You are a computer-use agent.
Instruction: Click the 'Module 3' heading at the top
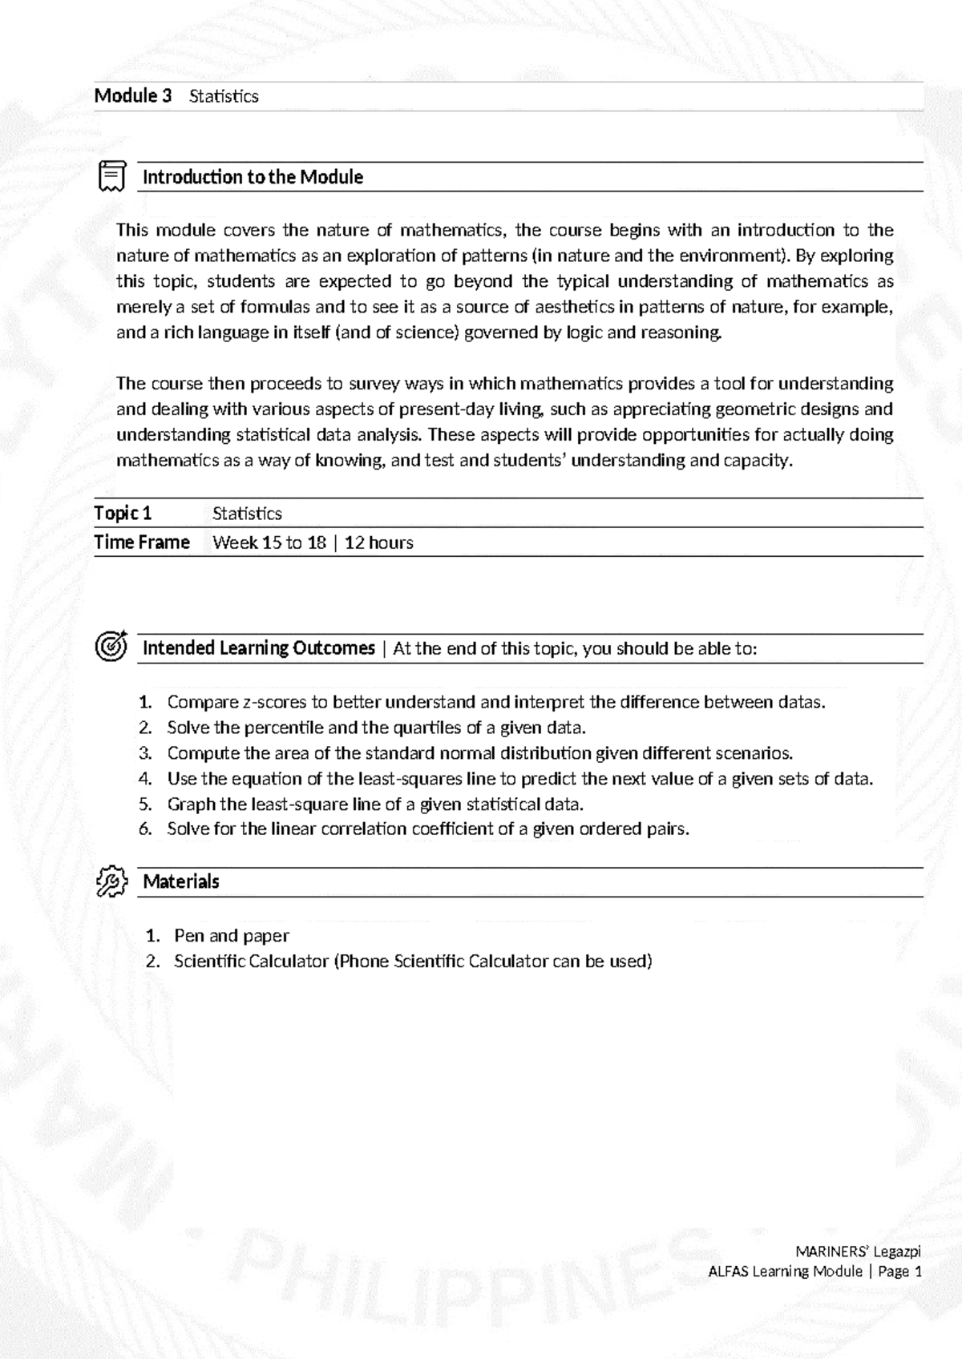(133, 96)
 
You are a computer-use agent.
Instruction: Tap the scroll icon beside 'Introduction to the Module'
(111, 176)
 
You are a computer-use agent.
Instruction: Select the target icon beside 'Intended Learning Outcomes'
(111, 646)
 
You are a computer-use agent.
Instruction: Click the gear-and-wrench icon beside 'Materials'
(111, 881)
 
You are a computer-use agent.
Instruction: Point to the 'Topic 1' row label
(123, 513)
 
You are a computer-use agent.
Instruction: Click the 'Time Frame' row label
(142, 542)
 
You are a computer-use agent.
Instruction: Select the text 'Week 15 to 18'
(269, 542)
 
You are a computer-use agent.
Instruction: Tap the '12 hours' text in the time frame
(378, 542)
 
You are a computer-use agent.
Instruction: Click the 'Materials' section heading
(180, 881)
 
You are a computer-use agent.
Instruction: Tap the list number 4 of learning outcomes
(145, 779)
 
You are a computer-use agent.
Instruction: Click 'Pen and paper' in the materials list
(231, 935)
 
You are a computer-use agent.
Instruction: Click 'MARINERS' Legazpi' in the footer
(858, 1252)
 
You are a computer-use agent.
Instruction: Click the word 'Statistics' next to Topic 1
(247, 514)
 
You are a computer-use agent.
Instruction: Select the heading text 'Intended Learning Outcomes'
(258, 647)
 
